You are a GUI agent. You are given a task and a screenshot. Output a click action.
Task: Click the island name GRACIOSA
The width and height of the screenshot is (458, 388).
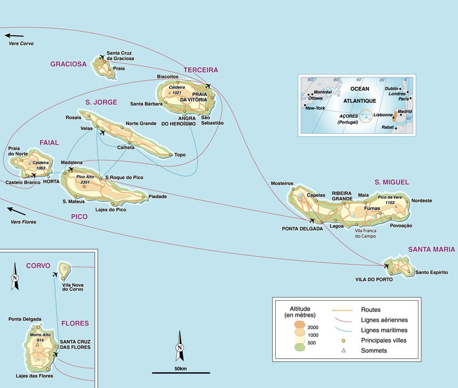point(68,64)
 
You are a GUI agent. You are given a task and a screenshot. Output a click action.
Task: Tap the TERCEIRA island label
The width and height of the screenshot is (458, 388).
point(201,70)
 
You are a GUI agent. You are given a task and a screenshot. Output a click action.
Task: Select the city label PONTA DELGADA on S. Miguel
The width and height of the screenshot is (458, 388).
point(302,228)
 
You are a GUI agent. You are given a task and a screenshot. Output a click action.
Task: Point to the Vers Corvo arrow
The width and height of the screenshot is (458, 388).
point(14,36)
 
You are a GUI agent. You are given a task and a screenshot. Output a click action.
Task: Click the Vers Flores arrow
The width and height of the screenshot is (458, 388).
point(16,211)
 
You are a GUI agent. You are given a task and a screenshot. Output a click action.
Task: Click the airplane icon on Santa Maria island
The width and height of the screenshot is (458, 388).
point(387,266)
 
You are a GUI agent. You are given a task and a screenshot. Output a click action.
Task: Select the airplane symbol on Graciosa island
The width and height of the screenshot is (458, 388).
point(101,56)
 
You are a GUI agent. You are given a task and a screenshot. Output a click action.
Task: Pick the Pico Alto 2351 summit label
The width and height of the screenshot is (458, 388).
point(84,181)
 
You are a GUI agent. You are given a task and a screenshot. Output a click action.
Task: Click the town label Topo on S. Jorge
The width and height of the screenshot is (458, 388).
point(180,155)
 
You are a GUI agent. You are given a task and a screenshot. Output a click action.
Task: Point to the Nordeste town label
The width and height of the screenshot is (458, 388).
point(421,201)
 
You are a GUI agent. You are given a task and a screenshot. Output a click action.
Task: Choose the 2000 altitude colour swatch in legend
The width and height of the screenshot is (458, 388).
point(299,328)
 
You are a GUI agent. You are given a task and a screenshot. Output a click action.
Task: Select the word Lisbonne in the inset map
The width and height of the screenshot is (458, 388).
point(382,114)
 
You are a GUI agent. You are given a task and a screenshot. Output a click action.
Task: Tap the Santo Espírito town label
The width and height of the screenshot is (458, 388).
point(431,272)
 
